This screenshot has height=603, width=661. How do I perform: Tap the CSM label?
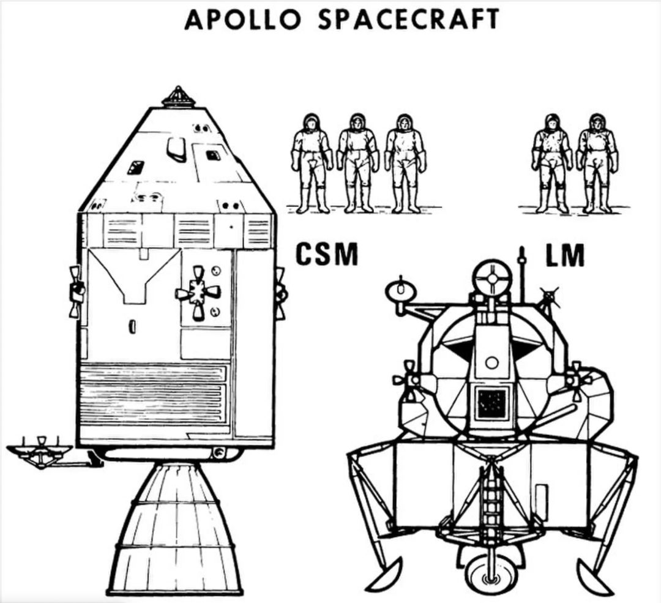327,254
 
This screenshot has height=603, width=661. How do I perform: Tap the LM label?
564,256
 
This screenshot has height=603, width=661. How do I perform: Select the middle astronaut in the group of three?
357,162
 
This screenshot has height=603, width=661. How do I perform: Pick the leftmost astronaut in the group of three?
312,162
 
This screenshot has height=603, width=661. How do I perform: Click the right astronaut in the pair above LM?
597,162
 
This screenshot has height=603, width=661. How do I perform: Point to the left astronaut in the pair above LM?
551,162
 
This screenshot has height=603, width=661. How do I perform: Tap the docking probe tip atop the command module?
178,96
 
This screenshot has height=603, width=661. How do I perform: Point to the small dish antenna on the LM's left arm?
401,290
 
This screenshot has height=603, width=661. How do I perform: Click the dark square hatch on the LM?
491,403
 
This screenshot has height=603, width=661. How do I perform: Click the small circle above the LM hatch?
491,362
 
